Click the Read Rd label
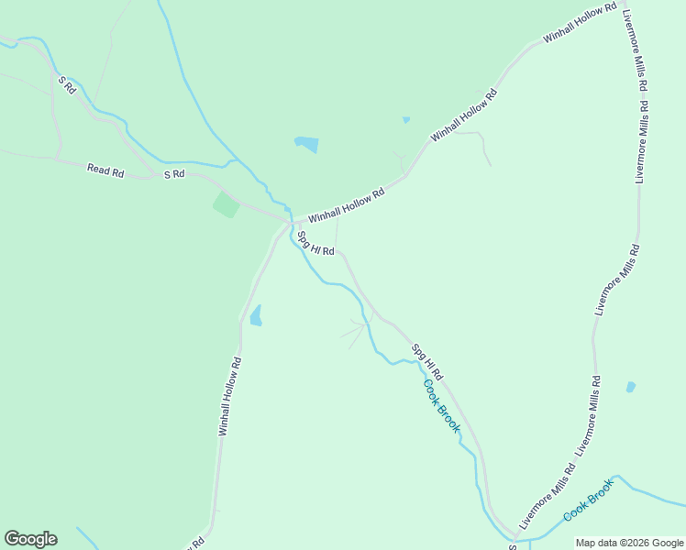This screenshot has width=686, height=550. tap(105, 170)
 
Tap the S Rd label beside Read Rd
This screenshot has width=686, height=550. tap(174, 174)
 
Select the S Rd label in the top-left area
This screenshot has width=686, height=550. tap(66, 84)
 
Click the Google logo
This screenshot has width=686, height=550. tap(30, 539)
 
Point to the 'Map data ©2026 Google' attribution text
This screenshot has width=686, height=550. tap(630, 543)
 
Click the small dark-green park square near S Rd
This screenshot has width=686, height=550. tap(227, 204)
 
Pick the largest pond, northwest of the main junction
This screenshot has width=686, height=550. tap(306, 144)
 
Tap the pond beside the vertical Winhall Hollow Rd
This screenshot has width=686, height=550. tap(256, 315)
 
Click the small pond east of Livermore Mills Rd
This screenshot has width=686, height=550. tap(631, 387)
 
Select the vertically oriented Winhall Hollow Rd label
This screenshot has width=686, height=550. tap(229, 395)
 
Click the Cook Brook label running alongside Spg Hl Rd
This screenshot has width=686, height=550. tap(442, 406)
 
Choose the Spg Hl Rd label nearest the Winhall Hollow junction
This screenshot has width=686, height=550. tap(315, 243)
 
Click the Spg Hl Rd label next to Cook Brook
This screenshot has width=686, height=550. tap(427, 362)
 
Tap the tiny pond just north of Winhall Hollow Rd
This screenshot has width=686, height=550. tap(405, 119)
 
